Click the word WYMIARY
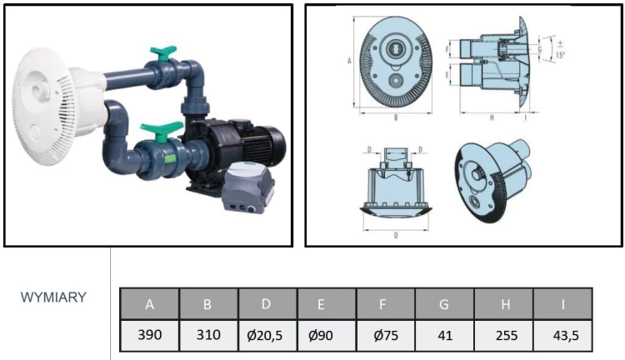[53, 297]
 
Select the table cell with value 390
[149, 336]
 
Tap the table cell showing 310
[207, 336]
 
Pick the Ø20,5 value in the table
[267, 336]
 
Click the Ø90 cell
[326, 336]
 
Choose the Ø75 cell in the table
[385, 336]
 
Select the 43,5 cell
[563, 336]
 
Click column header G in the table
[444, 304]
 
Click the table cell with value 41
[444, 336]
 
